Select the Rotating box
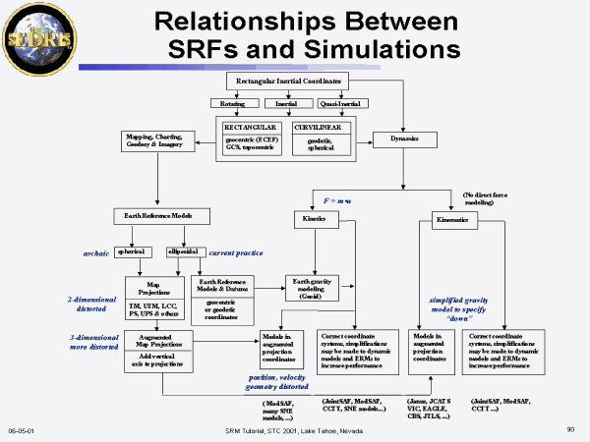(x=233, y=102)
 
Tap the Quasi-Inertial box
(x=341, y=102)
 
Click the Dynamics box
(x=405, y=139)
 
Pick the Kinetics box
(x=315, y=219)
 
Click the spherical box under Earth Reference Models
(x=130, y=250)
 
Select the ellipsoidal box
(x=185, y=250)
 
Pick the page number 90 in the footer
(x=570, y=429)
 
